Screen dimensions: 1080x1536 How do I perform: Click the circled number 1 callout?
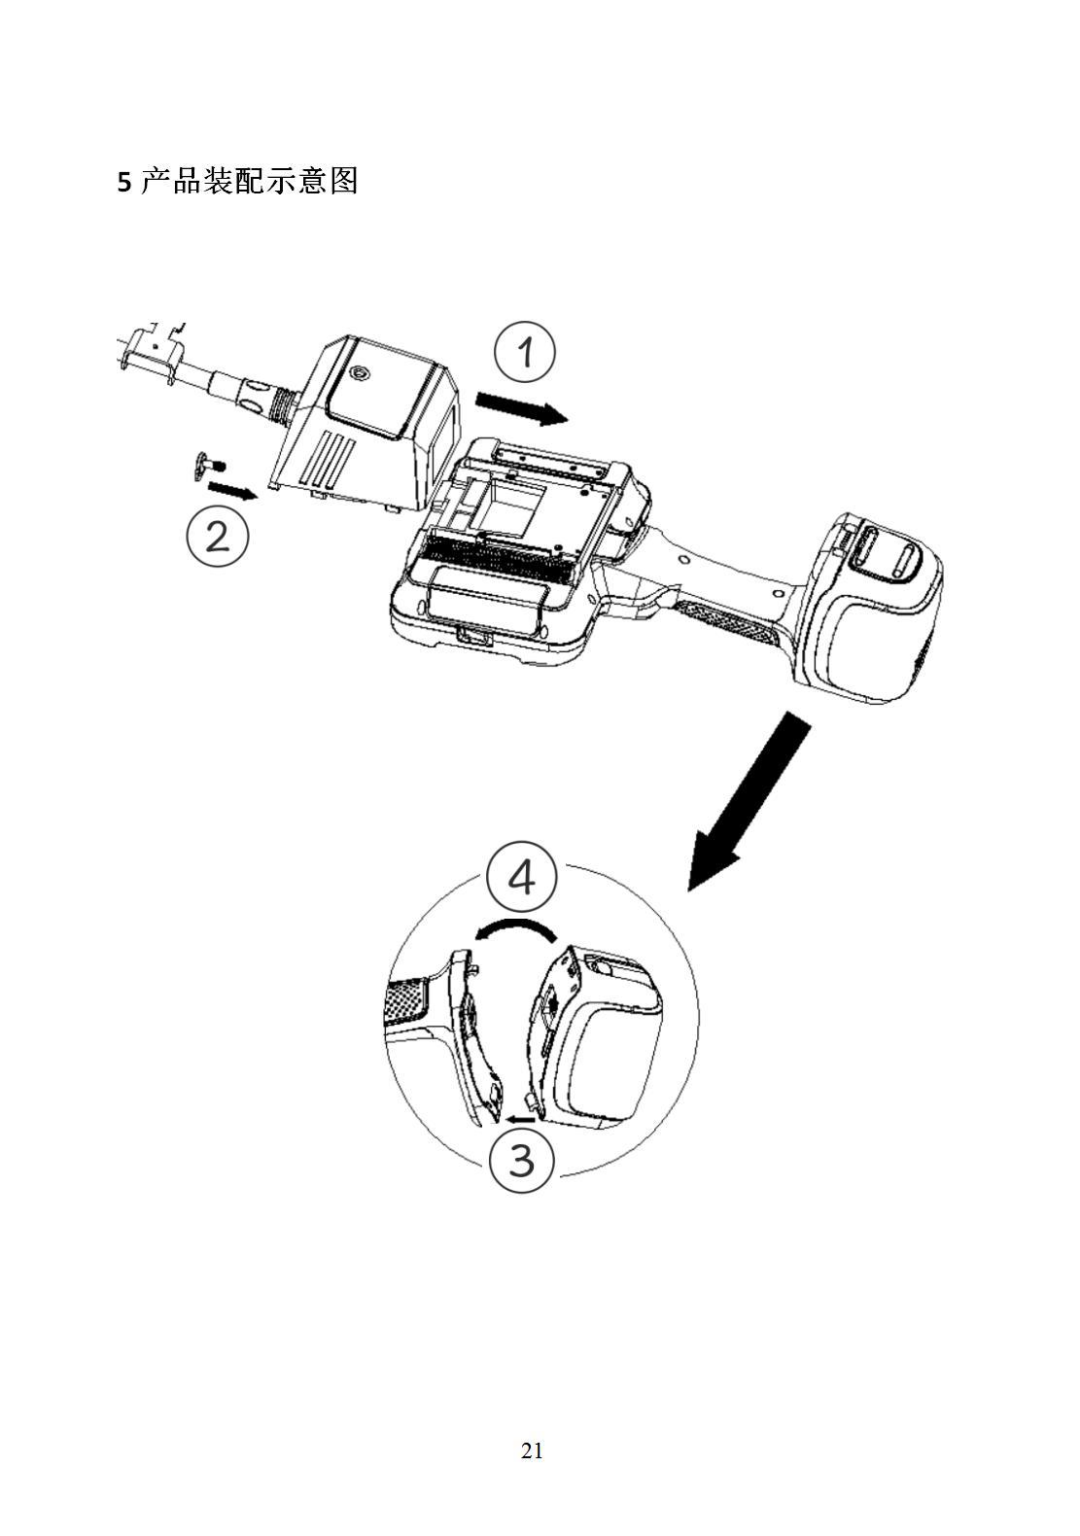[x=525, y=353]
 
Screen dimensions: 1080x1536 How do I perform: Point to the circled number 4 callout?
[x=521, y=876]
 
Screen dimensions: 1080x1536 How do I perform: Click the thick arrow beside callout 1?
[x=523, y=408]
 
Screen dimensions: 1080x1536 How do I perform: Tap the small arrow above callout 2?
[x=233, y=490]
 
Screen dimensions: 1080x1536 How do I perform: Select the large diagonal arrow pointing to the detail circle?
[x=749, y=801]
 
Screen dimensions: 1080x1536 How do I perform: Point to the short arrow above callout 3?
[x=521, y=1119]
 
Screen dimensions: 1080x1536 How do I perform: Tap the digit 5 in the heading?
[x=124, y=183]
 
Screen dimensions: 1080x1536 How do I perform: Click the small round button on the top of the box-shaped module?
[x=358, y=373]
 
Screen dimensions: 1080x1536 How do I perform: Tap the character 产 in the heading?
[x=155, y=181]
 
